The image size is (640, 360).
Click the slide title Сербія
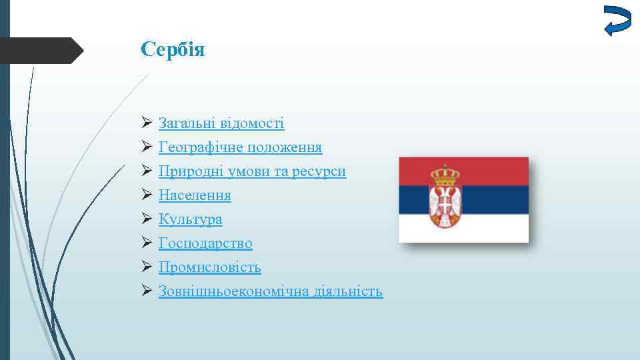click(x=173, y=50)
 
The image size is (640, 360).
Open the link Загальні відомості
click(x=221, y=123)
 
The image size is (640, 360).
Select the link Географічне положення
click(x=240, y=147)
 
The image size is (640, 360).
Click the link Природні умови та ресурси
click(x=252, y=171)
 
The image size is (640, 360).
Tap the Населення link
click(x=195, y=195)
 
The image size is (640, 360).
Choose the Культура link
click(x=190, y=219)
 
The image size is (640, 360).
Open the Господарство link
click(x=205, y=243)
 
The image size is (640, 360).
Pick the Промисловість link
click(x=209, y=267)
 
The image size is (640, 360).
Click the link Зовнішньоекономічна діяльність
click(x=270, y=291)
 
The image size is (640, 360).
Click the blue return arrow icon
click(x=617, y=20)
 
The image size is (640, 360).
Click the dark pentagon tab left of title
click(x=40, y=51)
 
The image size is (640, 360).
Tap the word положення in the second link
click(x=289, y=147)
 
